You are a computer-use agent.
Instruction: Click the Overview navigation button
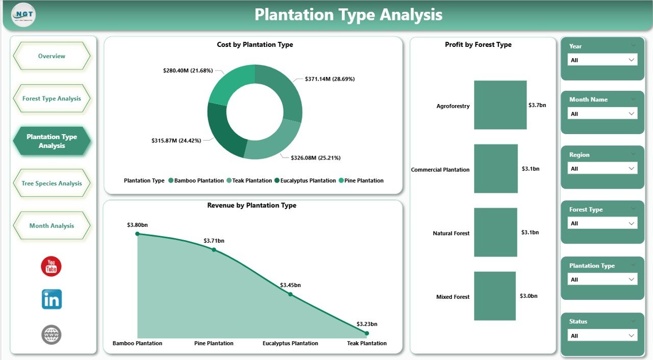coord(52,56)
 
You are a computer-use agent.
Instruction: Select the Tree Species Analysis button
coord(52,184)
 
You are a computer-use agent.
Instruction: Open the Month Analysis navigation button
coord(52,226)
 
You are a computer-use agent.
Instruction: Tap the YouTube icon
coord(52,266)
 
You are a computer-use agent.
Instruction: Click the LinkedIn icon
coord(52,299)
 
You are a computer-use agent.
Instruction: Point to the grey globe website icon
coord(52,335)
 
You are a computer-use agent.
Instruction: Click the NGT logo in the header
coord(23,15)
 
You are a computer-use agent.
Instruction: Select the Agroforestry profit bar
coord(500,105)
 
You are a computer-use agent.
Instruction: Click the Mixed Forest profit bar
coord(495,296)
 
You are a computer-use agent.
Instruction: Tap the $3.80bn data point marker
coord(137,234)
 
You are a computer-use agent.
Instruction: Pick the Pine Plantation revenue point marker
coord(214,249)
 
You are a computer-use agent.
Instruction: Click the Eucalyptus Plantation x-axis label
coord(290,343)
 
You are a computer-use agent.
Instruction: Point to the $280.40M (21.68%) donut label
coord(188,70)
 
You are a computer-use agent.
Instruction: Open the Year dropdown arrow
coord(632,60)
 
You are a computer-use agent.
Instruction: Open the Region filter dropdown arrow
coord(632,168)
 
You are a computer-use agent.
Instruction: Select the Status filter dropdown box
coord(602,336)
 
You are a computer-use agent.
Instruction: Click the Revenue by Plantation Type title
coord(252,205)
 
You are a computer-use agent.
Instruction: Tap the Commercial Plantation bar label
coord(440,170)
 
